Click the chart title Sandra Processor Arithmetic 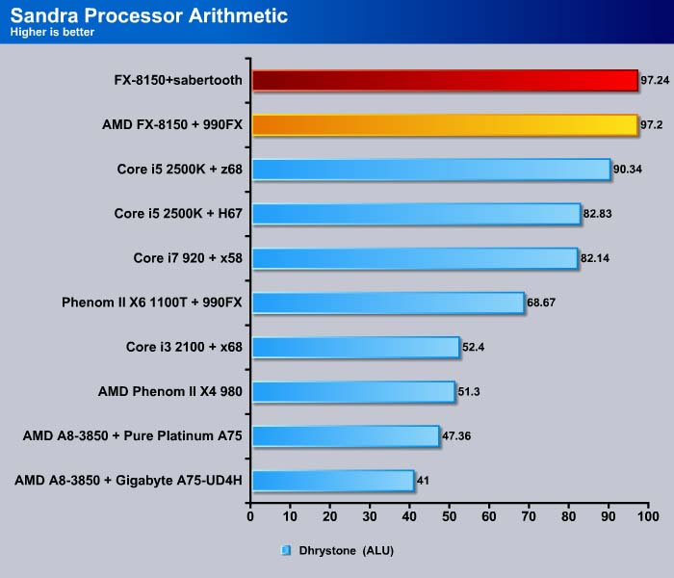[149, 16]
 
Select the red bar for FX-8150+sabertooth [444, 80]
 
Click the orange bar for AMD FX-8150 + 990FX [444, 124]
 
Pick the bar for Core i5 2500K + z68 [430, 169]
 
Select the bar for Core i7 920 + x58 [414, 257]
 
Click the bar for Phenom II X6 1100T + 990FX [387, 302]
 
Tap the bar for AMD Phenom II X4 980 [352, 391]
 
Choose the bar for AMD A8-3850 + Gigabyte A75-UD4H [332, 480]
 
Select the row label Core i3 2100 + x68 [184, 347]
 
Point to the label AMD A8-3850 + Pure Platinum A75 [132, 435]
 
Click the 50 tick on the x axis [449, 517]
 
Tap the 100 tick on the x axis [648, 517]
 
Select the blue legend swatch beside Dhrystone [286, 551]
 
